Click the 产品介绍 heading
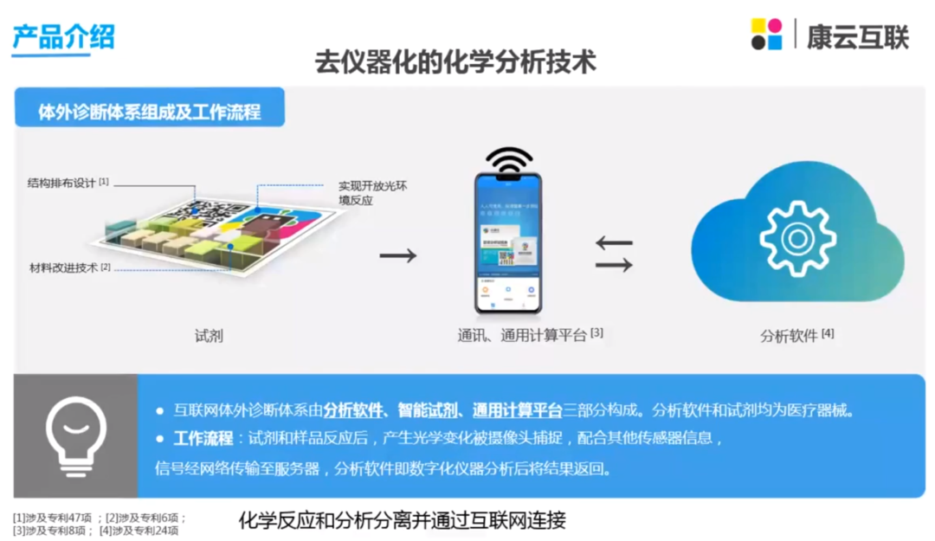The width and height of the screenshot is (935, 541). pos(63,35)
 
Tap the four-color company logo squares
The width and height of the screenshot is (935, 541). pos(766,35)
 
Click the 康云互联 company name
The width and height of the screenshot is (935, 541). pos(857,35)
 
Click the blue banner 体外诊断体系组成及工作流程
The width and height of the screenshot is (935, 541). pos(150,112)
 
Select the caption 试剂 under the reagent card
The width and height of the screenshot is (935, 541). pos(209,335)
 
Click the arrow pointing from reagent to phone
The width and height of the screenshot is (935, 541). pos(398,255)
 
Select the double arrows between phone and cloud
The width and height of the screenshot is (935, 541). pos(614,254)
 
